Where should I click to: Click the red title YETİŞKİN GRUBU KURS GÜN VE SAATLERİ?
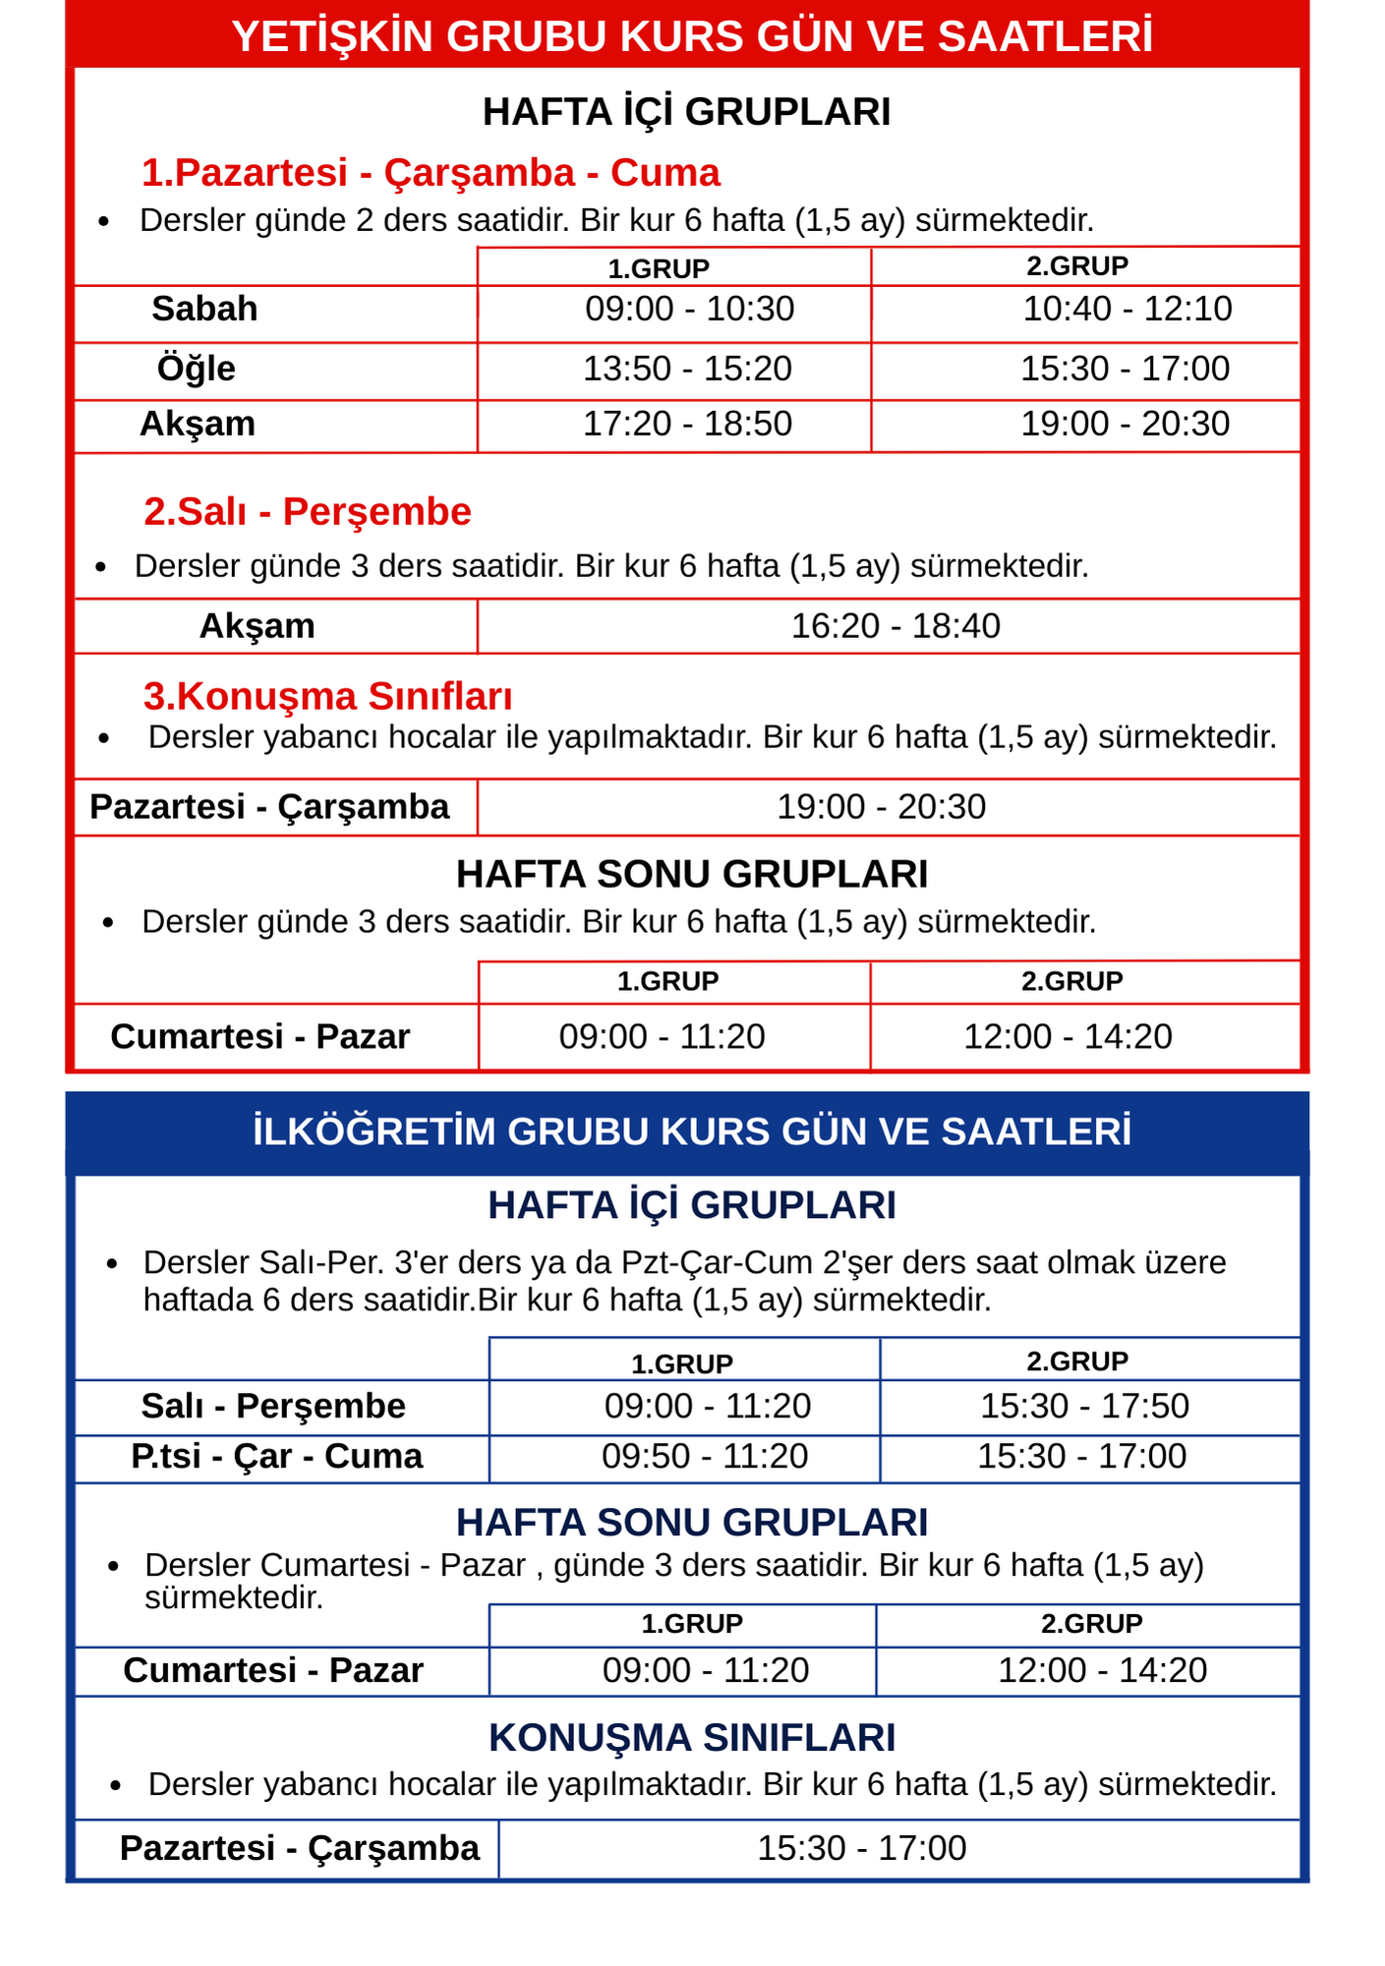692,37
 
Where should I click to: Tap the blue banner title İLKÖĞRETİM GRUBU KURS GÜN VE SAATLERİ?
692,1131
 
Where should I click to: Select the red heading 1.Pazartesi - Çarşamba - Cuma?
431,173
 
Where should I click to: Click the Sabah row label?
204,309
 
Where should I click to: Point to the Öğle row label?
197,369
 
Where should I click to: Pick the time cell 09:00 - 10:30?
689,309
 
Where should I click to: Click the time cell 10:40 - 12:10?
1127,309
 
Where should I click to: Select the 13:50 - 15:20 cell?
687,369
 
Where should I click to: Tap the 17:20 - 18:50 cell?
687,424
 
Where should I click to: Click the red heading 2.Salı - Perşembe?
308,512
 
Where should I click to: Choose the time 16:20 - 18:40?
895,626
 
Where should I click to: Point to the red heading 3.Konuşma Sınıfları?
328,696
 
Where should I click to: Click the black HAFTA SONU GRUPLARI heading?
692,874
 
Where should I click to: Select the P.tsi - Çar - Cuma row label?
277,1456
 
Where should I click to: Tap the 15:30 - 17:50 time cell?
1084,1406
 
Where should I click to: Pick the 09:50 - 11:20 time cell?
705,1456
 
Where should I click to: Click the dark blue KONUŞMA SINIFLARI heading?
692,1738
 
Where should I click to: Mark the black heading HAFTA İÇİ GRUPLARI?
687,112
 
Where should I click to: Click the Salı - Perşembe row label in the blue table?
273,1406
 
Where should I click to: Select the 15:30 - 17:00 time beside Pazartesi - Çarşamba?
862,1848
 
